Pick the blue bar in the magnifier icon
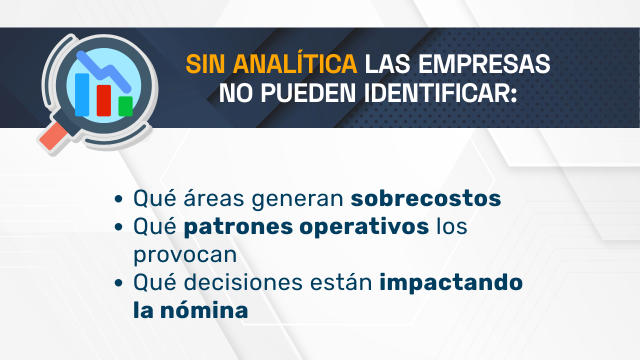tap(82, 94)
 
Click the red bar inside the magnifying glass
tap(103, 100)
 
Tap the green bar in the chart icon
tap(125, 106)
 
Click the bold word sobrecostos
tap(425, 198)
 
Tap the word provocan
tap(185, 254)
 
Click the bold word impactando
tap(451, 282)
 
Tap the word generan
tap(297, 198)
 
